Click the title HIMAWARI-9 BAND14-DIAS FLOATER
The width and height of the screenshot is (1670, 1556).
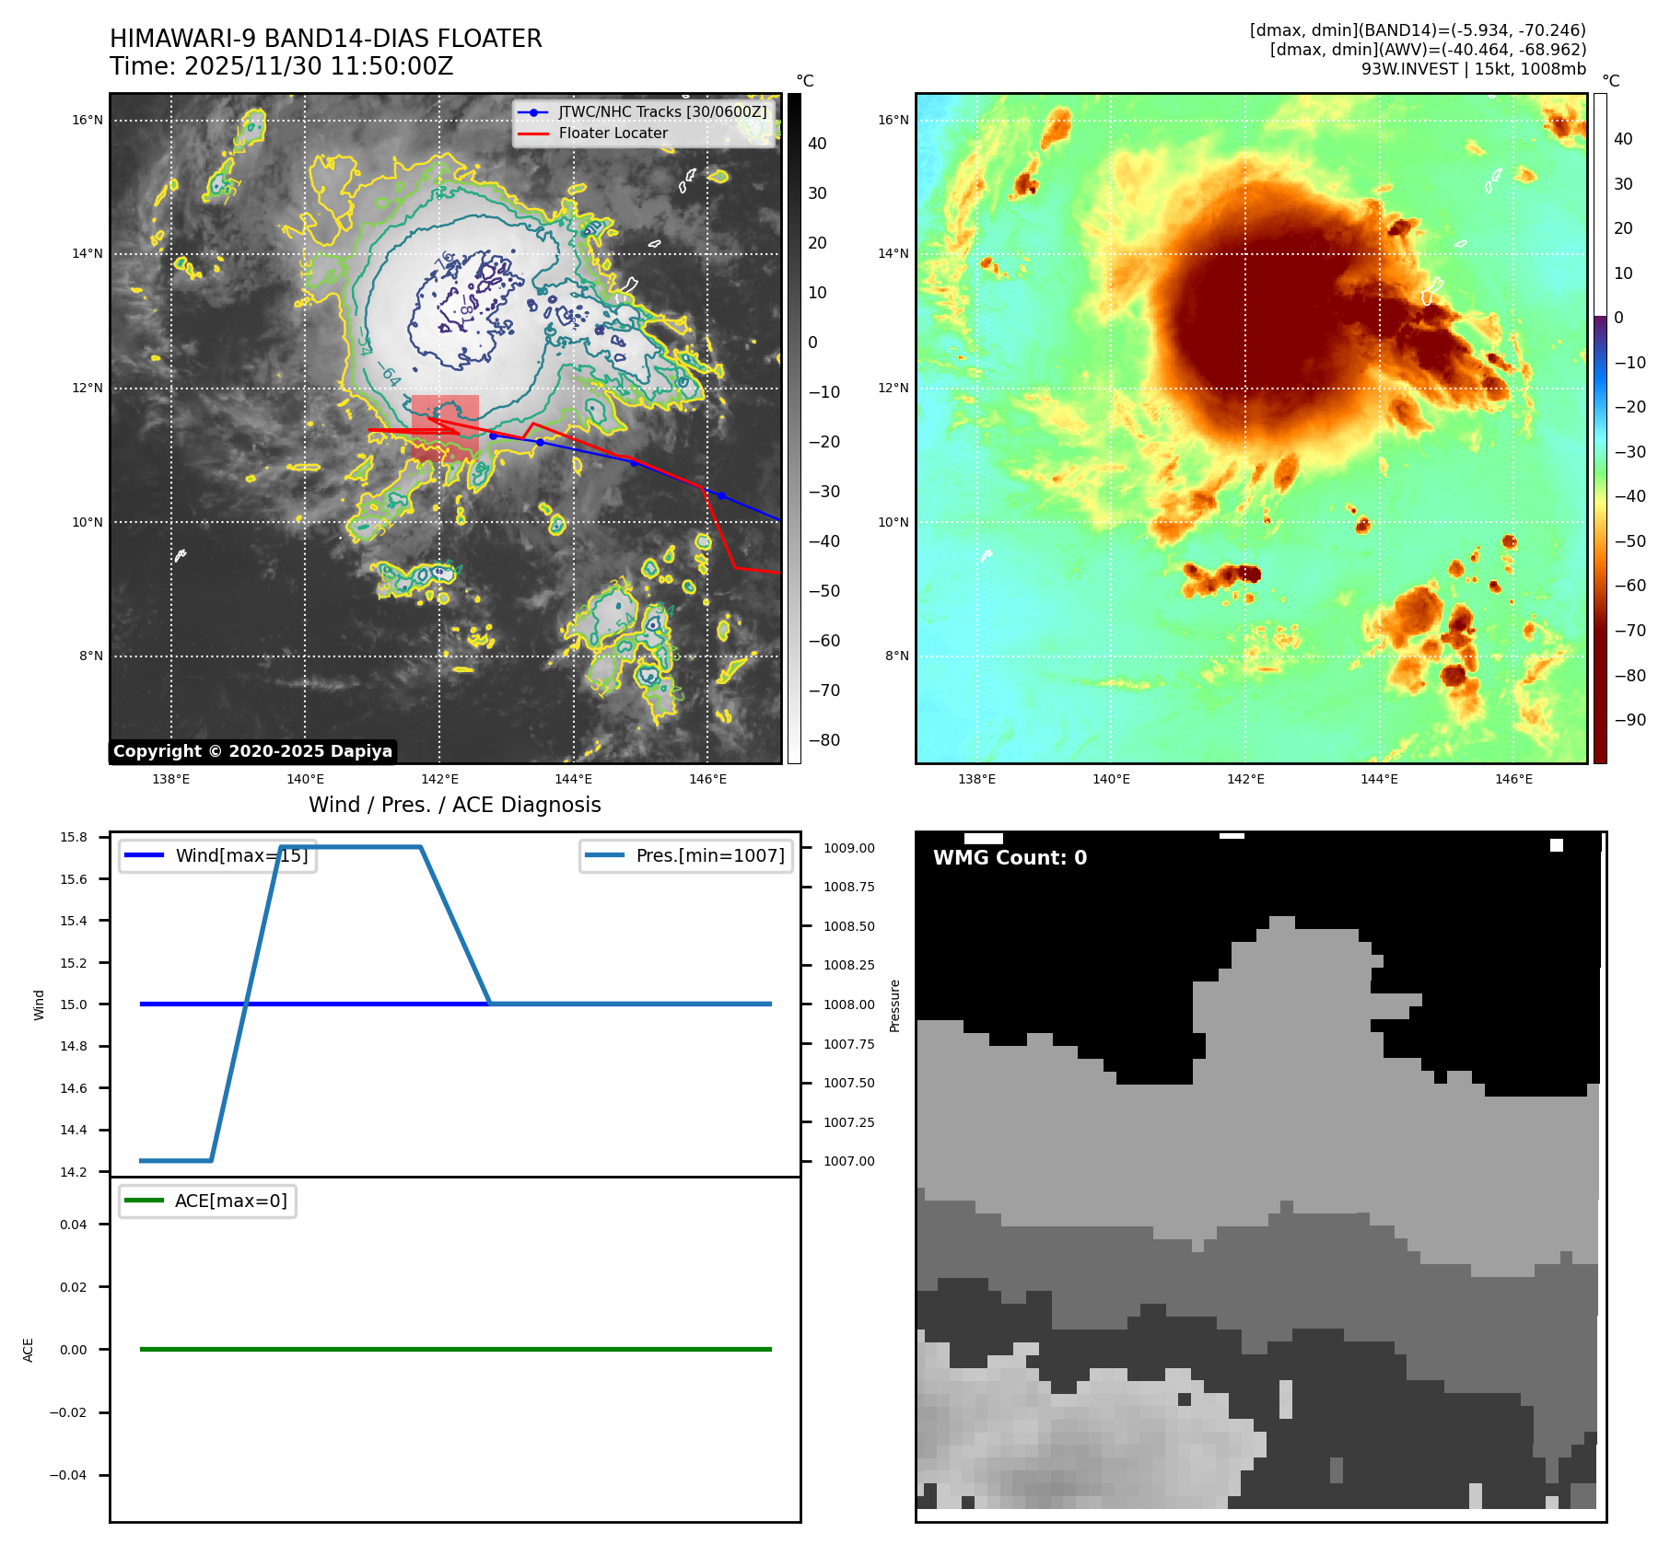pyautogui.click(x=325, y=39)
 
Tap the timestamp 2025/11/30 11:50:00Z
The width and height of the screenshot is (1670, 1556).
pyautogui.click(x=318, y=67)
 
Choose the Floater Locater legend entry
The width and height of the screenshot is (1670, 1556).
pyautogui.click(x=613, y=134)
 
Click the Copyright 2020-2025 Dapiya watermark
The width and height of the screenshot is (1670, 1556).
pyautogui.click(x=252, y=751)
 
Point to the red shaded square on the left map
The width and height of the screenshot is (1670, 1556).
pyautogui.click(x=445, y=427)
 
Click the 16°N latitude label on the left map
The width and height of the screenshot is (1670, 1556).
pyautogui.click(x=88, y=120)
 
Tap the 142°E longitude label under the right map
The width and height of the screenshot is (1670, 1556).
pyautogui.click(x=1245, y=780)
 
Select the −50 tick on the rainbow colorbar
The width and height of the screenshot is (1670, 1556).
pyautogui.click(x=1629, y=541)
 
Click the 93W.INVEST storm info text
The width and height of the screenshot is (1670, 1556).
pyautogui.click(x=1473, y=69)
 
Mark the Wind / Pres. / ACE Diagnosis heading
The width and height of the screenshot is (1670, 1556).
pyautogui.click(x=454, y=806)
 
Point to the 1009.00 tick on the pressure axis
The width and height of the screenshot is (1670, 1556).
pyautogui.click(x=848, y=848)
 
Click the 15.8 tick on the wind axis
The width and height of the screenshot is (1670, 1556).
pyautogui.click(x=74, y=837)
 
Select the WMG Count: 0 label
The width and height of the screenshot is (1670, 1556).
pyautogui.click(x=1010, y=858)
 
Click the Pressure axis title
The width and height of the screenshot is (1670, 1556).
pyautogui.click(x=894, y=1005)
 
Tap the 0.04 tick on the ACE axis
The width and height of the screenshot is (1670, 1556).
pyautogui.click(x=74, y=1225)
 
